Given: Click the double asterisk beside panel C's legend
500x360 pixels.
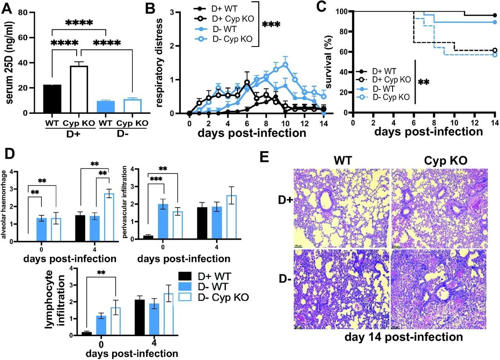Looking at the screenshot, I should coord(424,82).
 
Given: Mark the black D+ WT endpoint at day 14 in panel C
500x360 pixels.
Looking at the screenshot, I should coord(495,16).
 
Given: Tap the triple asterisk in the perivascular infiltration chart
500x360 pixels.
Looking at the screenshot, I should coord(156,179).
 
